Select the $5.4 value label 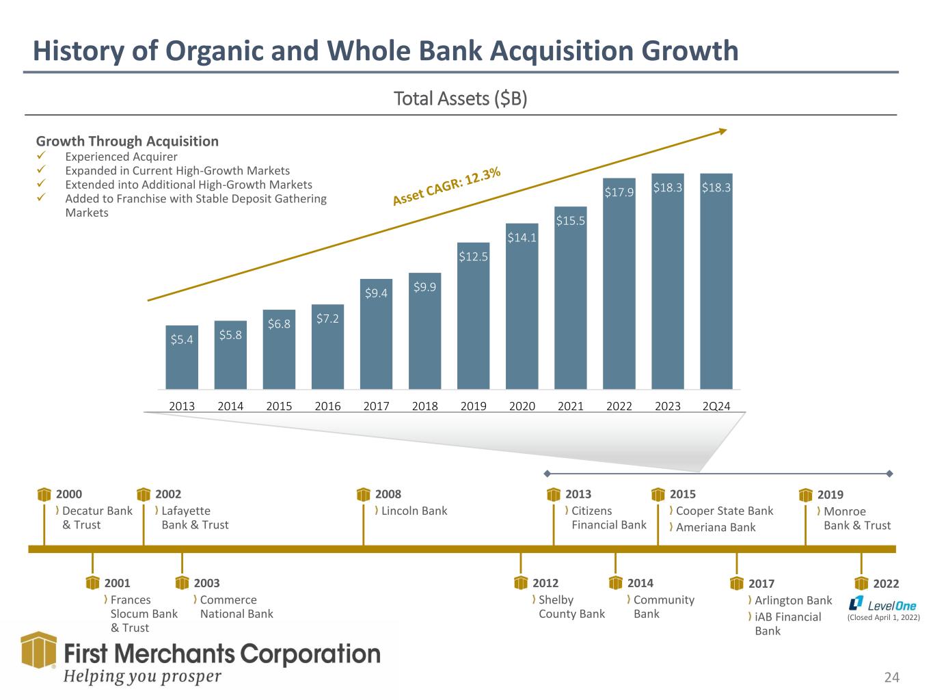[x=181, y=339]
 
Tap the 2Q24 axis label [x=716, y=406]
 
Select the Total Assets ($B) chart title [x=460, y=99]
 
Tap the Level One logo [x=882, y=604]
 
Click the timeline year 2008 [x=388, y=494]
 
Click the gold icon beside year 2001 [x=93, y=582]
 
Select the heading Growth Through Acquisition [x=127, y=142]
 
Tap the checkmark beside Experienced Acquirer [x=40, y=157]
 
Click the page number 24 [x=891, y=677]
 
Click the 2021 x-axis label [x=571, y=406]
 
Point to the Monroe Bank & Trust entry [x=857, y=518]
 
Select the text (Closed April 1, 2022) [x=884, y=618]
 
